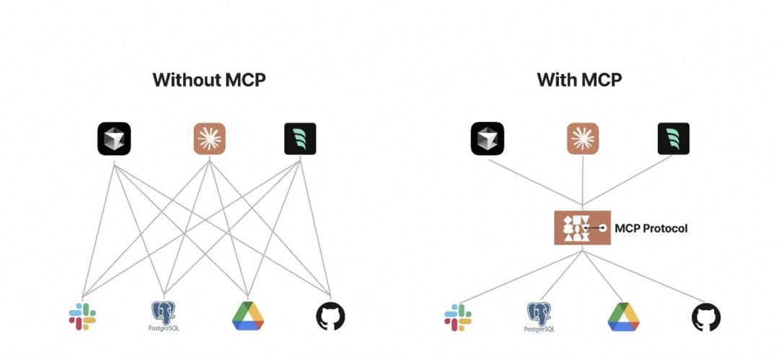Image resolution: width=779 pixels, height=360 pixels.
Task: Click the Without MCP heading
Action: coord(209,79)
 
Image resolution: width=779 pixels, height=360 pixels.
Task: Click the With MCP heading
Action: coord(579,79)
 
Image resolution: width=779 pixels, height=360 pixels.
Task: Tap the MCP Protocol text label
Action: coord(651,228)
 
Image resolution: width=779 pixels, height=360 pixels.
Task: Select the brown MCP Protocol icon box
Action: coord(582,227)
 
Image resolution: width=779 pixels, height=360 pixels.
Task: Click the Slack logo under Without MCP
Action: coord(83,316)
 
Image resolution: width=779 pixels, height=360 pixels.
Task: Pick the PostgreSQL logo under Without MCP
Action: coord(164,316)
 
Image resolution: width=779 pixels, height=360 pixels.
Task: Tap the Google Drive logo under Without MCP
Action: coord(248,316)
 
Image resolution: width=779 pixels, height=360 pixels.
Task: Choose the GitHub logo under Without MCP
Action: coord(330,316)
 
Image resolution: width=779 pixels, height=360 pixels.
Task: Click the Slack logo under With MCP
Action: coord(458,317)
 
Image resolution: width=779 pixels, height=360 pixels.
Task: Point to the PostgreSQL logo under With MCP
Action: coord(540,317)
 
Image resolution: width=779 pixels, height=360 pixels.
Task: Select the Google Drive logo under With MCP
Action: coord(624,317)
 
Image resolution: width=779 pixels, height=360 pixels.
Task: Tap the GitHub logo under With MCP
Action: coord(706,317)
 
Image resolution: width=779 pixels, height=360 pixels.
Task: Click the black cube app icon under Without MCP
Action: coord(114,139)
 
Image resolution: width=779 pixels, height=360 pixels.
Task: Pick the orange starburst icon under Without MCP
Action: coord(210,139)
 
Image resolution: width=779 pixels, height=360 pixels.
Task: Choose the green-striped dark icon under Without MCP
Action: coord(299,139)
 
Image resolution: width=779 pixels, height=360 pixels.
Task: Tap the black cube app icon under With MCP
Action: coord(487,139)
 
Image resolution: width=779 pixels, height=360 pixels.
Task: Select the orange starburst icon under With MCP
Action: coord(583,139)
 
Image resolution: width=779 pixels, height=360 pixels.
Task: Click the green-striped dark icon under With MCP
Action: coord(673,139)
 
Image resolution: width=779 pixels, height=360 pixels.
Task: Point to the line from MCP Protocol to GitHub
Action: coord(649,273)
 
